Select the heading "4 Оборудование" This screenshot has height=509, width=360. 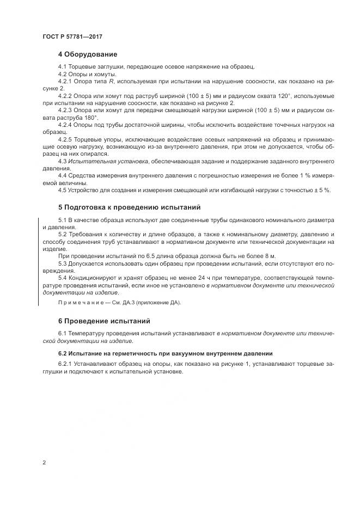click(87, 54)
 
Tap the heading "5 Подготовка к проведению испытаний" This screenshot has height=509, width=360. click(129, 207)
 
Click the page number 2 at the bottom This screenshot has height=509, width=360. click(44, 463)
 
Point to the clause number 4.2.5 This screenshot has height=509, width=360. click(66, 139)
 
